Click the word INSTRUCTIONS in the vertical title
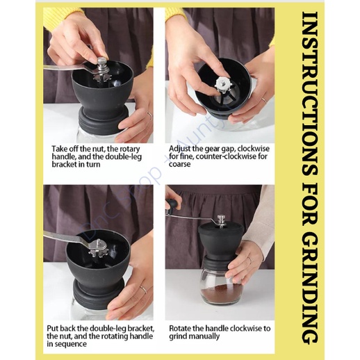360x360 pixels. [310, 95]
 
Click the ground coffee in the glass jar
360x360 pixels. [221, 293]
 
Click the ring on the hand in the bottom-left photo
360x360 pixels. [143, 289]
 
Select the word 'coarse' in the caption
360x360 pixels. [179, 164]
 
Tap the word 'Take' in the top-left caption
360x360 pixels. [59, 149]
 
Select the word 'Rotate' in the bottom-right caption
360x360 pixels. [180, 329]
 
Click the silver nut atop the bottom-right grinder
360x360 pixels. [222, 220]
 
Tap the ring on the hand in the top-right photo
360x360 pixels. [264, 100]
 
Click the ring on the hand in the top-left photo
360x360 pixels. [149, 115]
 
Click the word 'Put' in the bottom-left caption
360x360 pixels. [53, 329]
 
